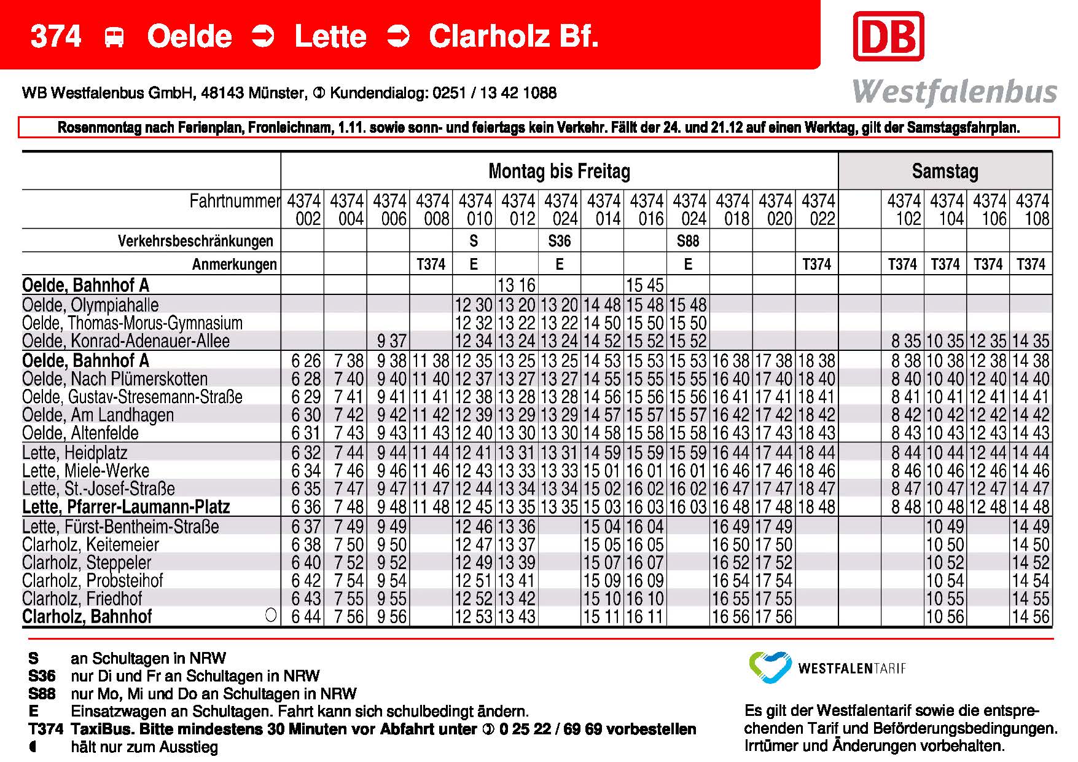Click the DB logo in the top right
click(888, 36)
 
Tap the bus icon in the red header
click(114, 37)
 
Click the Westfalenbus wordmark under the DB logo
click(955, 92)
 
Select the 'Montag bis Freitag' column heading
click(559, 171)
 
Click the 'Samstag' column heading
click(945, 171)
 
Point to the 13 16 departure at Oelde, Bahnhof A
click(517, 285)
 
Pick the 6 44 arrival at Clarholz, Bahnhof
click(306, 616)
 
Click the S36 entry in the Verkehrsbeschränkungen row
click(559, 241)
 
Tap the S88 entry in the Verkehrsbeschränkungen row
click(687, 241)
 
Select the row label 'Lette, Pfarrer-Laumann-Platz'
click(126, 507)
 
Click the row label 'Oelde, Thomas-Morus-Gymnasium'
click(132, 323)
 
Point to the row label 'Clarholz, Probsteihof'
click(93, 581)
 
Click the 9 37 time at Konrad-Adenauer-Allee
click(391, 341)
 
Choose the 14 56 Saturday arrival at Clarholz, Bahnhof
click(1031, 616)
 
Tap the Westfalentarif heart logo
click(770, 667)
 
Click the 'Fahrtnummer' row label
click(234, 201)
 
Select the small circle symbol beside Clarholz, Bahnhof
click(271, 615)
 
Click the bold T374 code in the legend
click(45, 729)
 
